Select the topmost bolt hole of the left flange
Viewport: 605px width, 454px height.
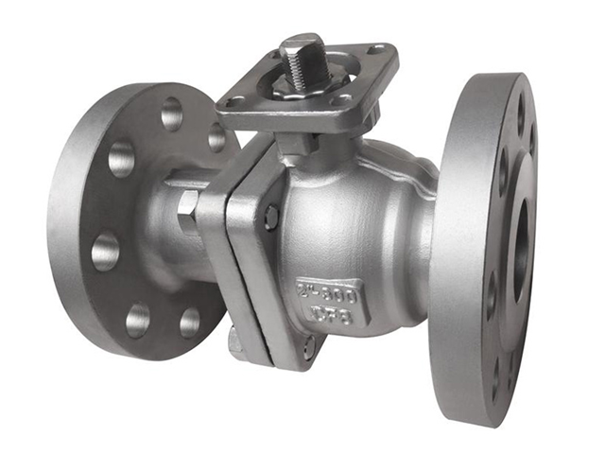pos(171,114)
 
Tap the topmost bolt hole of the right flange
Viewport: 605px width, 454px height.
pos(519,113)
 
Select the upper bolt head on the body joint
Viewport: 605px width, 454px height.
pos(271,217)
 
